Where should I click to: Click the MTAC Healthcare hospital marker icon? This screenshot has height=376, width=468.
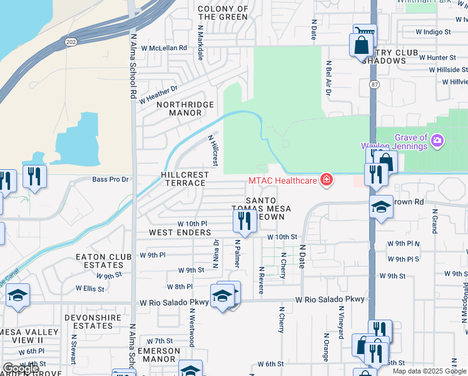click(x=326, y=180)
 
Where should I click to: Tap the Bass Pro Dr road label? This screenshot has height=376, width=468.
click(x=110, y=179)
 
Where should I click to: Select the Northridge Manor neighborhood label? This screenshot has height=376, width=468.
click(x=185, y=109)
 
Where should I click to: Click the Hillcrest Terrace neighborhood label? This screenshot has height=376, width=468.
click(x=183, y=179)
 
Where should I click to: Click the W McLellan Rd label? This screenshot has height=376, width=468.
click(x=164, y=48)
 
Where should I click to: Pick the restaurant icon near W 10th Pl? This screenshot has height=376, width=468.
click(x=244, y=221)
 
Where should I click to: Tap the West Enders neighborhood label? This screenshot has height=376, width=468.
click(x=180, y=232)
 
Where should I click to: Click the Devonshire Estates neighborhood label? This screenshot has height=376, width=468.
click(x=98, y=321)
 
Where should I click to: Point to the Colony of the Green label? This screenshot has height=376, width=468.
click(x=223, y=13)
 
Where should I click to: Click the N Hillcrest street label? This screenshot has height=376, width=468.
click(x=213, y=150)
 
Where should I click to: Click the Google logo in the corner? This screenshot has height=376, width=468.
click(x=21, y=369)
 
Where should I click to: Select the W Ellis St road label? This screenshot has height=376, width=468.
click(x=90, y=288)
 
